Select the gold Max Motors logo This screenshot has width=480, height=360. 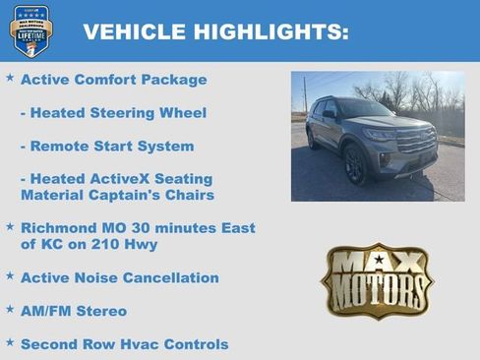[377, 282]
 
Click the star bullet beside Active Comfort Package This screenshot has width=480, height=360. [10, 78]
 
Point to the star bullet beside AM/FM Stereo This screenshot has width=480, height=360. [10, 310]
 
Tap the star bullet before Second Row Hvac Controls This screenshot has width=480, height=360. [10, 343]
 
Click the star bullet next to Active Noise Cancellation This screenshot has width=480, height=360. [10, 276]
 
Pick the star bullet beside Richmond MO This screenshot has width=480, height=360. [10, 226]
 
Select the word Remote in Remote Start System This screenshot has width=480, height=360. [60, 146]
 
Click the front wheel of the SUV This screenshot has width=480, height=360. [354, 165]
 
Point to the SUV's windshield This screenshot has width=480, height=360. [366, 109]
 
